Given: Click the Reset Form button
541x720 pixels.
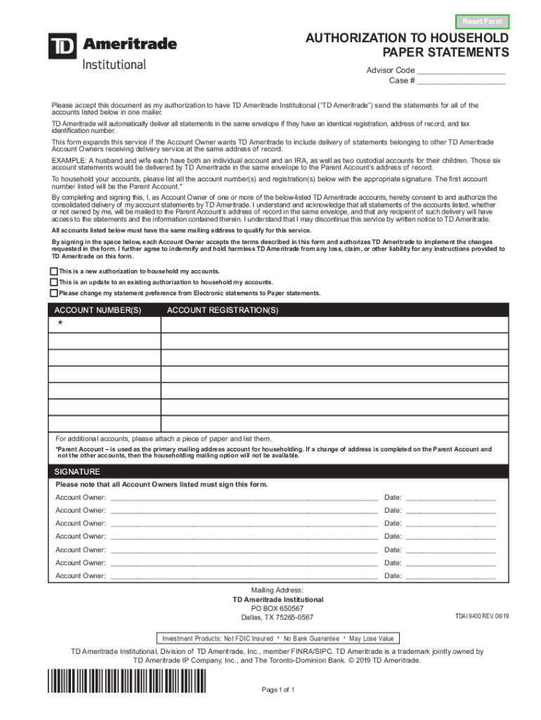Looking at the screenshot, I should pos(482,22).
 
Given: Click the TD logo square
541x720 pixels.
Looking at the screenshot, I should pos(63,46).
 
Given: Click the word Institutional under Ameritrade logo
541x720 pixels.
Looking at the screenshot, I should pos(115,64).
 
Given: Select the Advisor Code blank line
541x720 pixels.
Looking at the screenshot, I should pos(461,71).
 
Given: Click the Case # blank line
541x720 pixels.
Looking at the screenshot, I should pos(461,81).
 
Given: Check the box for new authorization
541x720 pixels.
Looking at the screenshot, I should pos(53,271).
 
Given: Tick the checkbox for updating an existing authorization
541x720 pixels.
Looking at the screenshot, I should pos(53,282).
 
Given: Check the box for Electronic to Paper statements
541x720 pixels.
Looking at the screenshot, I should pos(53,293).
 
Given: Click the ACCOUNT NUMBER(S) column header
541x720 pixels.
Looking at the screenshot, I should pos(98,310).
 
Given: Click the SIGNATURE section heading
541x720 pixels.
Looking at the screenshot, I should pos(77,472).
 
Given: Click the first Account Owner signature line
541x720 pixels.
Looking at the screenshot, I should pos(243,498).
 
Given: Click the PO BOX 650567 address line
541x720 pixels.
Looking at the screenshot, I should pos(278,608).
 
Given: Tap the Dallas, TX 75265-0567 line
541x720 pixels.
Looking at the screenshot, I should pos(278,617).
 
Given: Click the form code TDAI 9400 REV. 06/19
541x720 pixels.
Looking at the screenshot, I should pos(482,617).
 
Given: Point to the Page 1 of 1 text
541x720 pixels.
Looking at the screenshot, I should pos(278,690).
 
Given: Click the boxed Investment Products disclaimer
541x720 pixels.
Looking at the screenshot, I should pos(278,638).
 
